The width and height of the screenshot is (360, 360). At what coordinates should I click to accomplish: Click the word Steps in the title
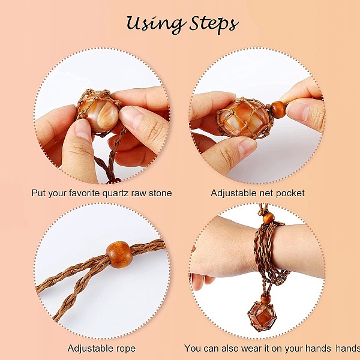214,24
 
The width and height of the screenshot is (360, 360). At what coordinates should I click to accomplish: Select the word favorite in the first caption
83,193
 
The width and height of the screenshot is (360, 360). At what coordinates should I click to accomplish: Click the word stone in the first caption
160,193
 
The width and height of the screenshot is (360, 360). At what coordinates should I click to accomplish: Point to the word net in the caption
266,193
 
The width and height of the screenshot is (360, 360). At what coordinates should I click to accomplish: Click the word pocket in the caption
290,193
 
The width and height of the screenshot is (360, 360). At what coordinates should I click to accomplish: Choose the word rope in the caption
126,349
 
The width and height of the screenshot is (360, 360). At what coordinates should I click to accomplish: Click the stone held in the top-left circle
99,113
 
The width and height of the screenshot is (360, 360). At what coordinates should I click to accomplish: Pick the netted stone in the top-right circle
244,119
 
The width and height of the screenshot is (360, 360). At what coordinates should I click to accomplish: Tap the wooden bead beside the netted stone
279,110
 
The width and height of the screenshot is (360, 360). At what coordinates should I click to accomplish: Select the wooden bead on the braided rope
119,254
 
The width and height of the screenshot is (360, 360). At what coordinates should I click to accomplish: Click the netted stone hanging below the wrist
260,317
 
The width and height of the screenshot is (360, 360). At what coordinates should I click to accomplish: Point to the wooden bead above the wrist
268,218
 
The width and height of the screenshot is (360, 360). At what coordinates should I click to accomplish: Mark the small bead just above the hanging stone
265,299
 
